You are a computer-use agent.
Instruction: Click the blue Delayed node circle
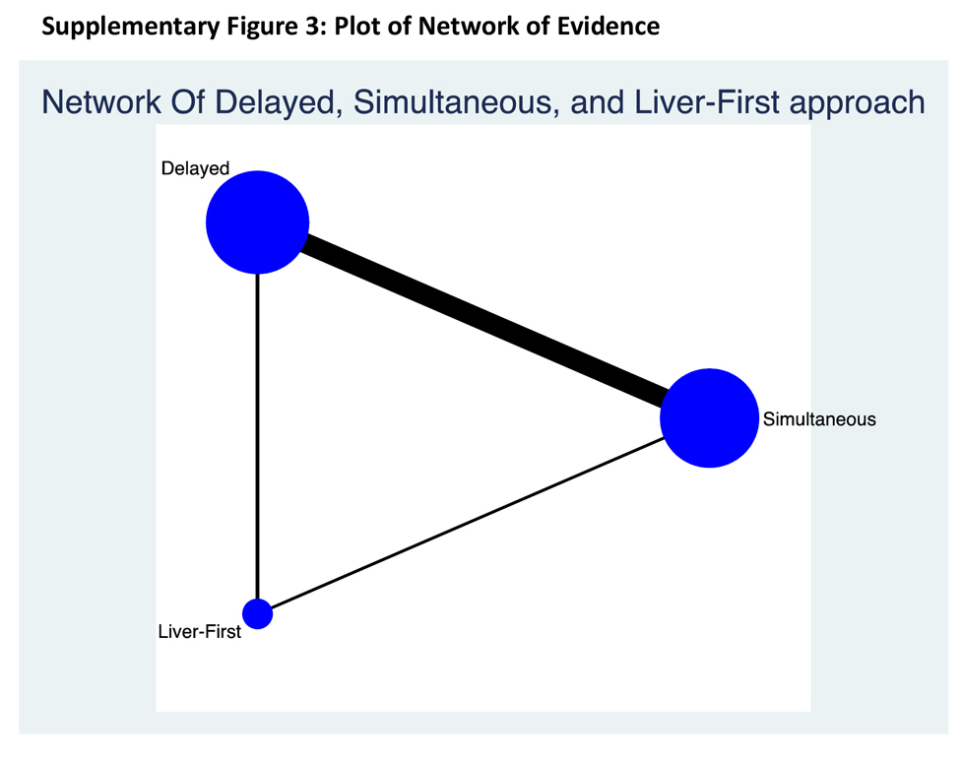[257, 222]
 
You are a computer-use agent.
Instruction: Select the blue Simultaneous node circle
[709, 418]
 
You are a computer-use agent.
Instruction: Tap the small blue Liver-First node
[257, 613]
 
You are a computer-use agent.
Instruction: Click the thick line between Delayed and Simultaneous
[482, 321]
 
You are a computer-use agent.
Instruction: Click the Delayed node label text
[195, 169]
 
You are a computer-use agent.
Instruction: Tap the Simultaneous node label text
[819, 419]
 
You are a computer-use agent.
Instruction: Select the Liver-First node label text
[199, 632]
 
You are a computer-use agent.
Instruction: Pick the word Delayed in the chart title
[275, 101]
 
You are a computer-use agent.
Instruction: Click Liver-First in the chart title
[703, 101]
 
